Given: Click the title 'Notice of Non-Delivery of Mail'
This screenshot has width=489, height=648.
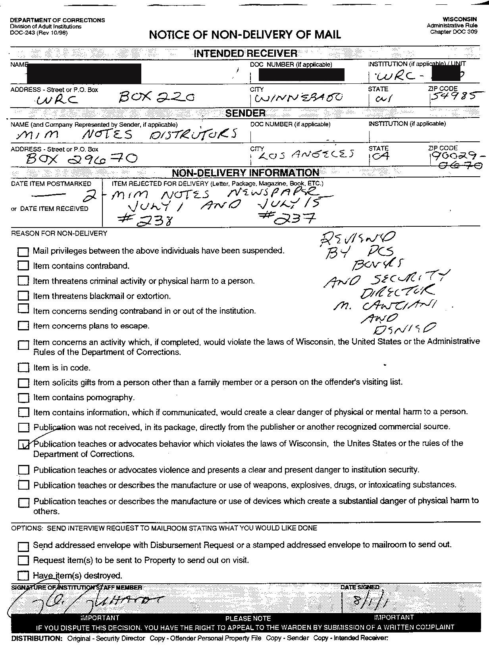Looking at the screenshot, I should coord(244,35).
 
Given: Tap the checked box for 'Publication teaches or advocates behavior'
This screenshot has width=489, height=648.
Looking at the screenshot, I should coord(23,444).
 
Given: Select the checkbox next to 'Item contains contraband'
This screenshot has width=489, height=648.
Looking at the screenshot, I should coord(23,266).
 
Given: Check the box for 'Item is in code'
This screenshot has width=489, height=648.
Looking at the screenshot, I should coord(23,368).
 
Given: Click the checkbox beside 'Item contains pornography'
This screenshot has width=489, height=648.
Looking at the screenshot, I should coord(23,398).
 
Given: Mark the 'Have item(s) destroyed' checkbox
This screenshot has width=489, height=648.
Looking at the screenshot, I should coord(23,576).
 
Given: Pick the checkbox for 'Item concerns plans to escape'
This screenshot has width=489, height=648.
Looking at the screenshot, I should coord(23,326).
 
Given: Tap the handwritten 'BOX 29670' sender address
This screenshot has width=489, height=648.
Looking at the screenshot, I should coord(81,159).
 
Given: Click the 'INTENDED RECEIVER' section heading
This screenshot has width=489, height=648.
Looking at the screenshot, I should coord(245,54).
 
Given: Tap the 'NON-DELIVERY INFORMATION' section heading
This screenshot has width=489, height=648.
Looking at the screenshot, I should coord(245,173).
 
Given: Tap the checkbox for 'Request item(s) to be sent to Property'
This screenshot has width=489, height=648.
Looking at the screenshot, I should coord(23,561).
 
